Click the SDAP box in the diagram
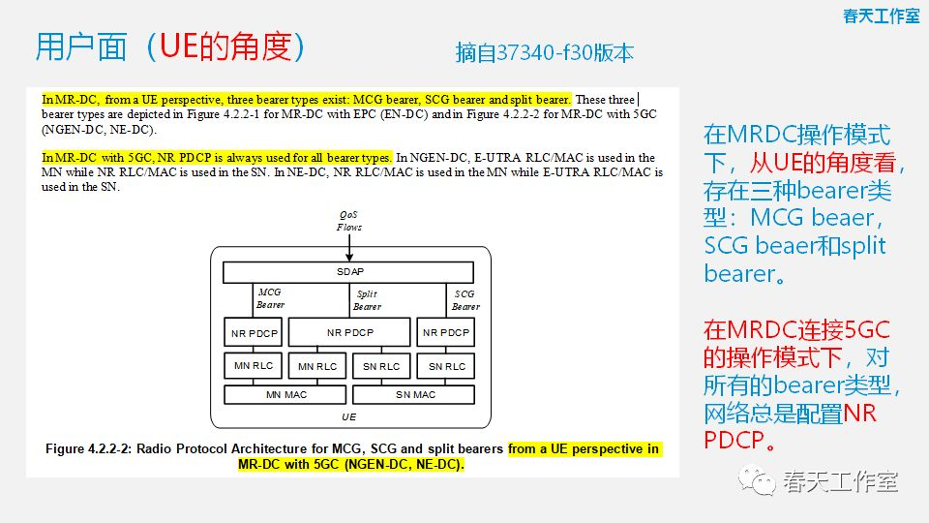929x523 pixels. [348, 272]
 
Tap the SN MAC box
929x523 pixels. [415, 395]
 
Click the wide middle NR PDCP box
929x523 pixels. [349, 332]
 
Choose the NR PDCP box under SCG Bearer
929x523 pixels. [446, 332]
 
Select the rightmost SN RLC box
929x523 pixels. [446, 366]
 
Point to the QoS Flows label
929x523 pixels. [348, 220]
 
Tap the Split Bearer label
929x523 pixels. [367, 300]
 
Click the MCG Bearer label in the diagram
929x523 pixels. [270, 298]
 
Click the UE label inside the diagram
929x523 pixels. [348, 417]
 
